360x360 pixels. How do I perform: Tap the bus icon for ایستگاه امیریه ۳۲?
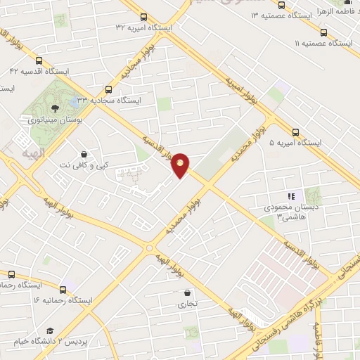143,17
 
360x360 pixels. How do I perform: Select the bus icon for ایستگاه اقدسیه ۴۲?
39,60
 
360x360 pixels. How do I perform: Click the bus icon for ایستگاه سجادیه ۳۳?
108,89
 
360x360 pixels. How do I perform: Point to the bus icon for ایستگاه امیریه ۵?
295,131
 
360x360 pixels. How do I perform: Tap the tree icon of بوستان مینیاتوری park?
55,108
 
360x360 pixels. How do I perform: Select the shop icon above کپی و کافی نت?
84,154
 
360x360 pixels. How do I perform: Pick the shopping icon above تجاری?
187,293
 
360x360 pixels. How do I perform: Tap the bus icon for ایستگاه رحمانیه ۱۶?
63,289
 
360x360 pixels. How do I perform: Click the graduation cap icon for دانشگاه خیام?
49,330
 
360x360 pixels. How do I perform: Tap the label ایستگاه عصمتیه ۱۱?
323,43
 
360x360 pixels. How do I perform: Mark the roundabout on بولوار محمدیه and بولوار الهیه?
149,247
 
